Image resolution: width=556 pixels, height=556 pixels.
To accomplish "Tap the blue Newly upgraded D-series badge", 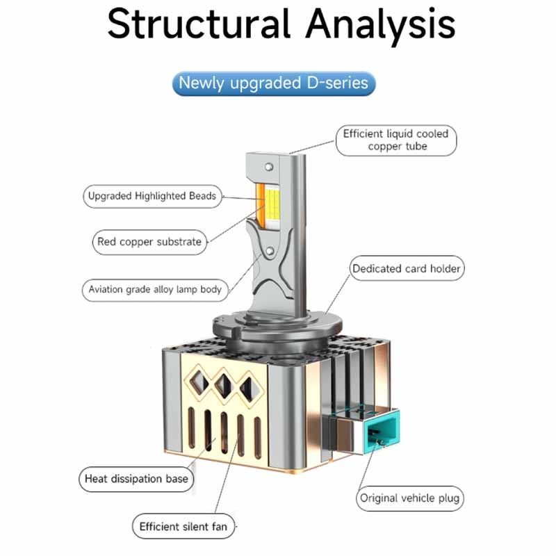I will (273, 83).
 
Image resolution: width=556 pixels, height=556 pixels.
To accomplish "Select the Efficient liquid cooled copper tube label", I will (396, 140).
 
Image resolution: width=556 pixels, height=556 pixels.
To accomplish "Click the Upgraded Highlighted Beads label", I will (152, 196).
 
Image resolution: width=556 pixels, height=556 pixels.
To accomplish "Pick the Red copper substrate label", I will (150, 242).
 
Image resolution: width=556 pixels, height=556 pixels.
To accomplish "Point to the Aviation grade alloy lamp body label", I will (155, 288).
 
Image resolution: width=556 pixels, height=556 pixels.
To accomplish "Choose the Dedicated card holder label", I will (406, 268).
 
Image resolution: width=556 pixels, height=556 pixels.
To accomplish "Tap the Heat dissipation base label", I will (136, 478).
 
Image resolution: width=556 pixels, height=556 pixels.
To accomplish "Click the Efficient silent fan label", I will (183, 526).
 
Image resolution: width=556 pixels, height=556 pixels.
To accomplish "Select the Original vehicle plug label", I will (409, 498).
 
